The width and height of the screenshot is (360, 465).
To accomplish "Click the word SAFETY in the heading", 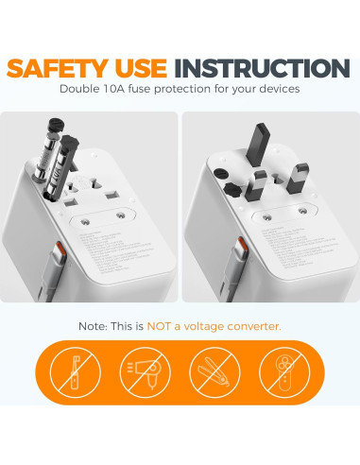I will [x=64, y=68].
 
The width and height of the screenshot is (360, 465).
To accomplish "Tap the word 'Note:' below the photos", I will [x=94, y=326].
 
